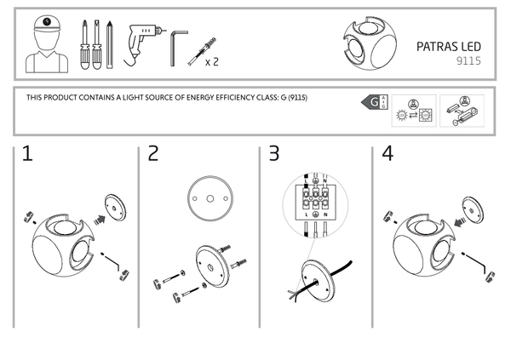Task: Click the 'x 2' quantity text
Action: click(212, 62)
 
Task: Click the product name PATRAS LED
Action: click(450, 48)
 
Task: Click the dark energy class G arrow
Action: click(372, 103)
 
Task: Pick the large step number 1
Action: click(27, 154)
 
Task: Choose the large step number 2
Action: click(153, 154)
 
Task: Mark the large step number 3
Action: click(273, 154)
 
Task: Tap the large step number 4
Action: click(388, 154)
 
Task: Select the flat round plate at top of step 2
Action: click(204, 195)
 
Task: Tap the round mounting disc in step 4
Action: click(471, 207)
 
